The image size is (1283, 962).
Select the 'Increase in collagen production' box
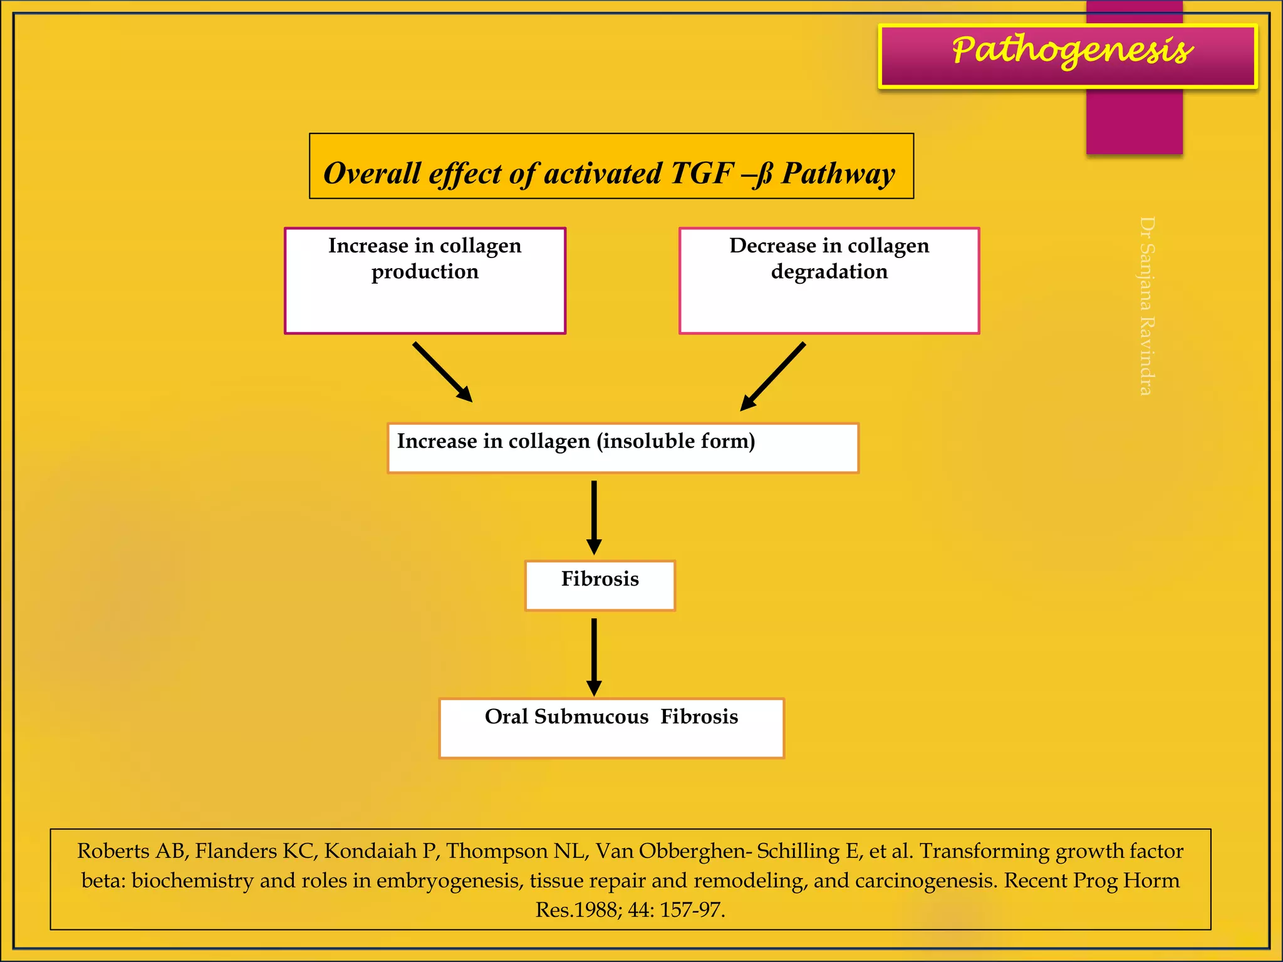(425, 281)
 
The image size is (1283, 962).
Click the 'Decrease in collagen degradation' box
(829, 281)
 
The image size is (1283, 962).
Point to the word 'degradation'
(829, 272)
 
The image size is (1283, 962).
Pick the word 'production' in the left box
(425, 272)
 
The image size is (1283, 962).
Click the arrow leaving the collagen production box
(442, 372)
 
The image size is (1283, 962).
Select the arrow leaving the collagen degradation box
(772, 376)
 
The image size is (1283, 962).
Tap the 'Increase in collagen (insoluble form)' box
(623, 448)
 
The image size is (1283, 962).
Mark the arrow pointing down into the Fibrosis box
(594, 517)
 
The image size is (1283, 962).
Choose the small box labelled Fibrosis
(600, 585)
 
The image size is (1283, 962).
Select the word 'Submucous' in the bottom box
(591, 716)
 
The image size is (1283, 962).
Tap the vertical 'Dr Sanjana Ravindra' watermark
(1146, 306)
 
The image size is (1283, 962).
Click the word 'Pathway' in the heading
(838, 173)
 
